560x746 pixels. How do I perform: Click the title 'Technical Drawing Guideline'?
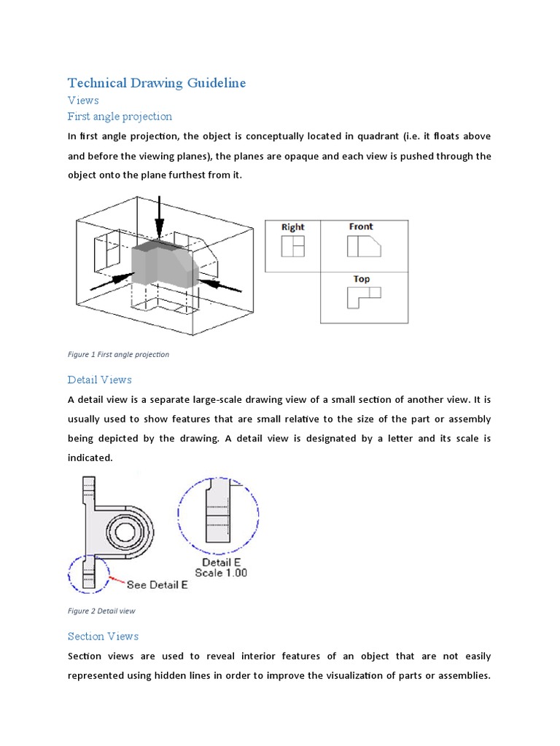(x=157, y=82)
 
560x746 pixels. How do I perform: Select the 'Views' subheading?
(x=83, y=100)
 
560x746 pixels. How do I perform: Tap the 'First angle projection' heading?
(x=120, y=116)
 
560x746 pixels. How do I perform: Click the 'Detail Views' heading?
(x=100, y=380)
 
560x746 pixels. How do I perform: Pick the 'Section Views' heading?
(x=103, y=636)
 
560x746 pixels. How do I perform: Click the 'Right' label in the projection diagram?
(x=292, y=227)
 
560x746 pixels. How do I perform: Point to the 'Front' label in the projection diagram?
(x=361, y=227)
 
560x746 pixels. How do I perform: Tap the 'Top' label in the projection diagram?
(x=361, y=279)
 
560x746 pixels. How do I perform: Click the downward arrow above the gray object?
(x=160, y=216)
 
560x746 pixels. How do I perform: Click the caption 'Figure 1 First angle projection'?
(x=118, y=355)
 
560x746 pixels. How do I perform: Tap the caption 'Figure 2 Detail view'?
(x=101, y=611)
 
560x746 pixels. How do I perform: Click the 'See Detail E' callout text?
(x=157, y=584)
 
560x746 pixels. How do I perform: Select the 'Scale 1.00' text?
(x=221, y=573)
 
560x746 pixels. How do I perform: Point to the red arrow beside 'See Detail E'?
(x=116, y=581)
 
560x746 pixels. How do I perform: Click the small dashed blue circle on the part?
(x=89, y=573)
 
